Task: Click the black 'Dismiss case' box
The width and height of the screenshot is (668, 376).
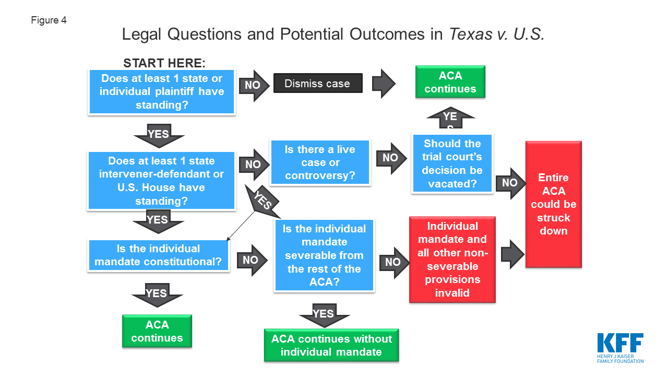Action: pyautogui.click(x=318, y=83)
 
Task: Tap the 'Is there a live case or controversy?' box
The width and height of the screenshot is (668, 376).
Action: pyautogui.click(x=320, y=162)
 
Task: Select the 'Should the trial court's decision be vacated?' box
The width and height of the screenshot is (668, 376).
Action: pyautogui.click(x=452, y=163)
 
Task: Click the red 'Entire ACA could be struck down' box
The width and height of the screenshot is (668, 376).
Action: pyautogui.click(x=554, y=204)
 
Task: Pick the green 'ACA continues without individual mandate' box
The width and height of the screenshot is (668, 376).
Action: pyautogui.click(x=331, y=345)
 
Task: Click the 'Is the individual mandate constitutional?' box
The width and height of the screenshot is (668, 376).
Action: pyautogui.click(x=158, y=255)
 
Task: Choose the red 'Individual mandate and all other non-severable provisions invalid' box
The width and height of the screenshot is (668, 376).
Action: pyautogui.click(x=452, y=260)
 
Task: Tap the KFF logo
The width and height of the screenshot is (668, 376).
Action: pyautogui.click(x=621, y=348)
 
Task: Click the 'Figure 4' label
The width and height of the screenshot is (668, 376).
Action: pyautogui.click(x=49, y=20)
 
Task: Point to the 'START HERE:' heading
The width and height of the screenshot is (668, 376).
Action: pyautogui.click(x=164, y=63)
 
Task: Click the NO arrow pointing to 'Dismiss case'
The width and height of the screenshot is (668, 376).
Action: pyautogui.click(x=254, y=86)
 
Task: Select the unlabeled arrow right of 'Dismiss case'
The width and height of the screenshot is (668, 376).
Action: pyautogui.click(x=384, y=84)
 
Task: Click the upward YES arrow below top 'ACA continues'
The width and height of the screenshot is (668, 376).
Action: pyautogui.click(x=450, y=118)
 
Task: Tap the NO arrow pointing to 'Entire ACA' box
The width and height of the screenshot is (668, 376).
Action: pyautogui.click(x=510, y=183)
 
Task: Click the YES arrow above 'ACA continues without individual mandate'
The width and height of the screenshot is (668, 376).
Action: pyautogui.click(x=324, y=315)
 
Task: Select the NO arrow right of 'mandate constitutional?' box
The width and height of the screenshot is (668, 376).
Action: pyautogui.click(x=252, y=260)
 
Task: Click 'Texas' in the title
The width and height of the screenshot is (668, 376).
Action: pyautogui.click(x=471, y=34)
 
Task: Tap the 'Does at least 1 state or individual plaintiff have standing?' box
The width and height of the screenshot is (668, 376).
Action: pyautogui.click(x=162, y=91)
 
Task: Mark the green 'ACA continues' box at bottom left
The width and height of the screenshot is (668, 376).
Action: pyautogui.click(x=157, y=331)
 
